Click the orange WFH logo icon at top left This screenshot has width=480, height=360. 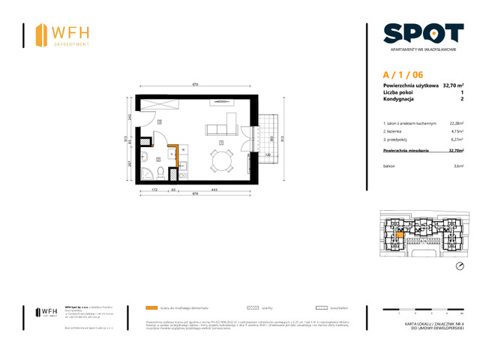click(x=41, y=34)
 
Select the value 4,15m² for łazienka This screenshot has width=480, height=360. click(x=455, y=132)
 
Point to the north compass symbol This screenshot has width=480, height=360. click(x=460, y=266)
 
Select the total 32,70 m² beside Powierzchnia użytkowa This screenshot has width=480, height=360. click(x=452, y=85)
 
